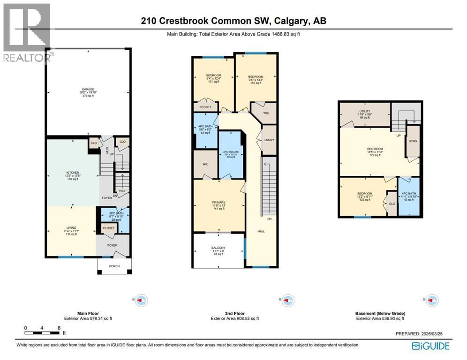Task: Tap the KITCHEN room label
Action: coord(72,172)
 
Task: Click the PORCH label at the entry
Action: coord(114,266)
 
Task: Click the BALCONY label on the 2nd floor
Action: coord(218,247)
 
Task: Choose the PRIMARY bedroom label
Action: coord(218,203)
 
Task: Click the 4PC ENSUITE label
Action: coord(231,153)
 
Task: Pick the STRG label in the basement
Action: coord(413,141)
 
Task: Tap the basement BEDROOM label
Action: coord(364,194)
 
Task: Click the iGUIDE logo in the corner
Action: coord(430,346)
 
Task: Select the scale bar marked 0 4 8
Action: coord(43,332)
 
